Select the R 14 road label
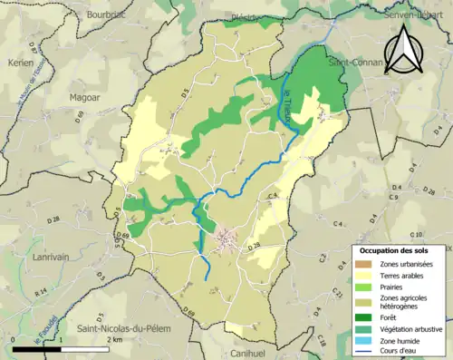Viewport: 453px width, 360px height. coord(40,292)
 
